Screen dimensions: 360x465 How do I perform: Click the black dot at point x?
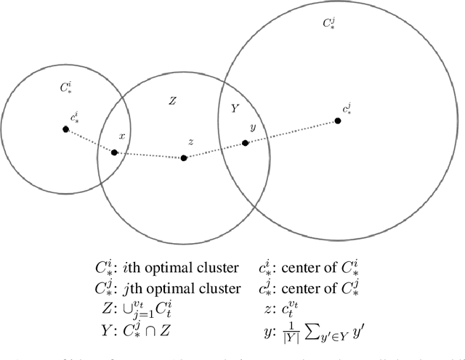pyautogui.click(x=114, y=152)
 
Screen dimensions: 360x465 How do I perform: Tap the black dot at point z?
pyautogui.click(x=184, y=157)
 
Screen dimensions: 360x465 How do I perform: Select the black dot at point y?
pyautogui.click(x=246, y=143)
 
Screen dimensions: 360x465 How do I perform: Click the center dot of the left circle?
pyautogui.click(x=65, y=129)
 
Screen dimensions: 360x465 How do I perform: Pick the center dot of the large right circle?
pyautogui.click(x=338, y=121)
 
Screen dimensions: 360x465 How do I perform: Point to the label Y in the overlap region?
pyautogui.click(x=234, y=109)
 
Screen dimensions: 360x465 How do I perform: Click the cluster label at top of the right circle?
pyautogui.click(x=329, y=22)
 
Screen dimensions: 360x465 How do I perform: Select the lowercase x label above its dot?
pyautogui.click(x=122, y=136)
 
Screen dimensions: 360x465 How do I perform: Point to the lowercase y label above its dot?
pyautogui.click(x=252, y=128)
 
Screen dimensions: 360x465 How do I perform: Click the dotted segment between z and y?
pyautogui.click(x=215, y=150)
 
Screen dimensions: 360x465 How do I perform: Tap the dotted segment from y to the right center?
pyautogui.click(x=291, y=132)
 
